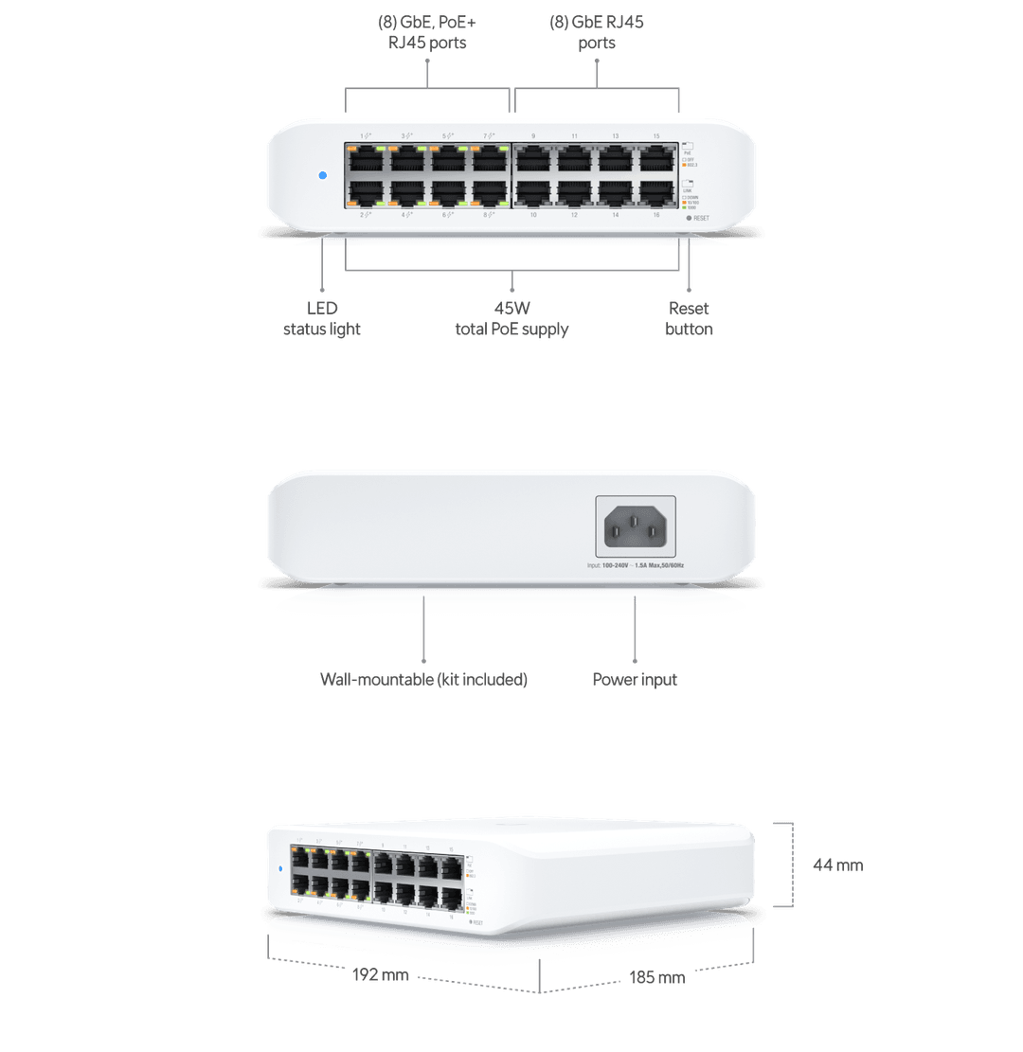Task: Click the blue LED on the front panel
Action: (322, 175)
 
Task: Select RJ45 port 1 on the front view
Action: (365, 159)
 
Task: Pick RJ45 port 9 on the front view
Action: (532, 159)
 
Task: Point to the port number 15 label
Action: (656, 136)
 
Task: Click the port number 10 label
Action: (532, 216)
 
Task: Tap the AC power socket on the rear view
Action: (635, 526)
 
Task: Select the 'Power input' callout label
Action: (635, 679)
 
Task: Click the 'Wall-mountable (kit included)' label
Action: (423, 679)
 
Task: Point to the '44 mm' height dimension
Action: (838, 865)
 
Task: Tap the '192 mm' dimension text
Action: (380, 974)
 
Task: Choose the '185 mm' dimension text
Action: (656, 977)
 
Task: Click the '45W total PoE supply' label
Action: (511, 318)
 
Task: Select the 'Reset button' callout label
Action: (689, 318)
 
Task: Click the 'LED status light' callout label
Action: (322, 318)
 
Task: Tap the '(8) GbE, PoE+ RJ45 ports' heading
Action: (427, 31)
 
